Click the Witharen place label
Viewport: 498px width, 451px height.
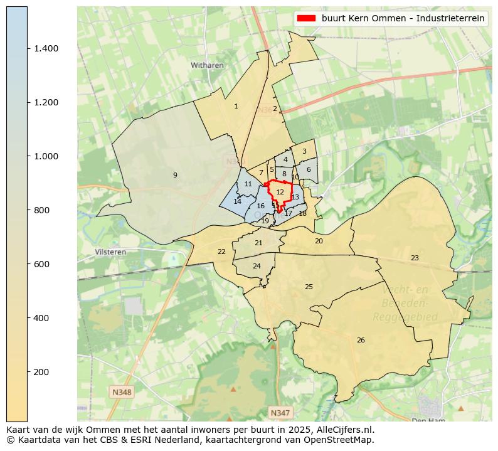point(207,65)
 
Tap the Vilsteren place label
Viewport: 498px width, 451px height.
point(110,252)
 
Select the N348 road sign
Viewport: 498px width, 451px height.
point(122,392)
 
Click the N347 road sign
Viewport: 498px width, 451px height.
point(280,412)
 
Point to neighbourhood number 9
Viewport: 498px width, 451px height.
point(175,175)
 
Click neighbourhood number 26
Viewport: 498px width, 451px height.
point(361,340)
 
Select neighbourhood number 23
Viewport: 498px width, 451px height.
point(415,258)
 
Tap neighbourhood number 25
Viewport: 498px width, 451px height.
point(309,287)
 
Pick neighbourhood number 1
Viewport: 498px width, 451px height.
point(236,106)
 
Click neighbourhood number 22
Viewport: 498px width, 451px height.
point(221,252)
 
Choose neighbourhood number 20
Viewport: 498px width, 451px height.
point(319,241)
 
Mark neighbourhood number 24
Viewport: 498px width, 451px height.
point(257,266)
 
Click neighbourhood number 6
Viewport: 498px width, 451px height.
point(309,169)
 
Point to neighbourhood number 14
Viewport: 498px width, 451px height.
point(237,201)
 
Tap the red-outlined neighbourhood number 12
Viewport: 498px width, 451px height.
point(280,192)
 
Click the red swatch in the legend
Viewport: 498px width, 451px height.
point(307,18)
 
